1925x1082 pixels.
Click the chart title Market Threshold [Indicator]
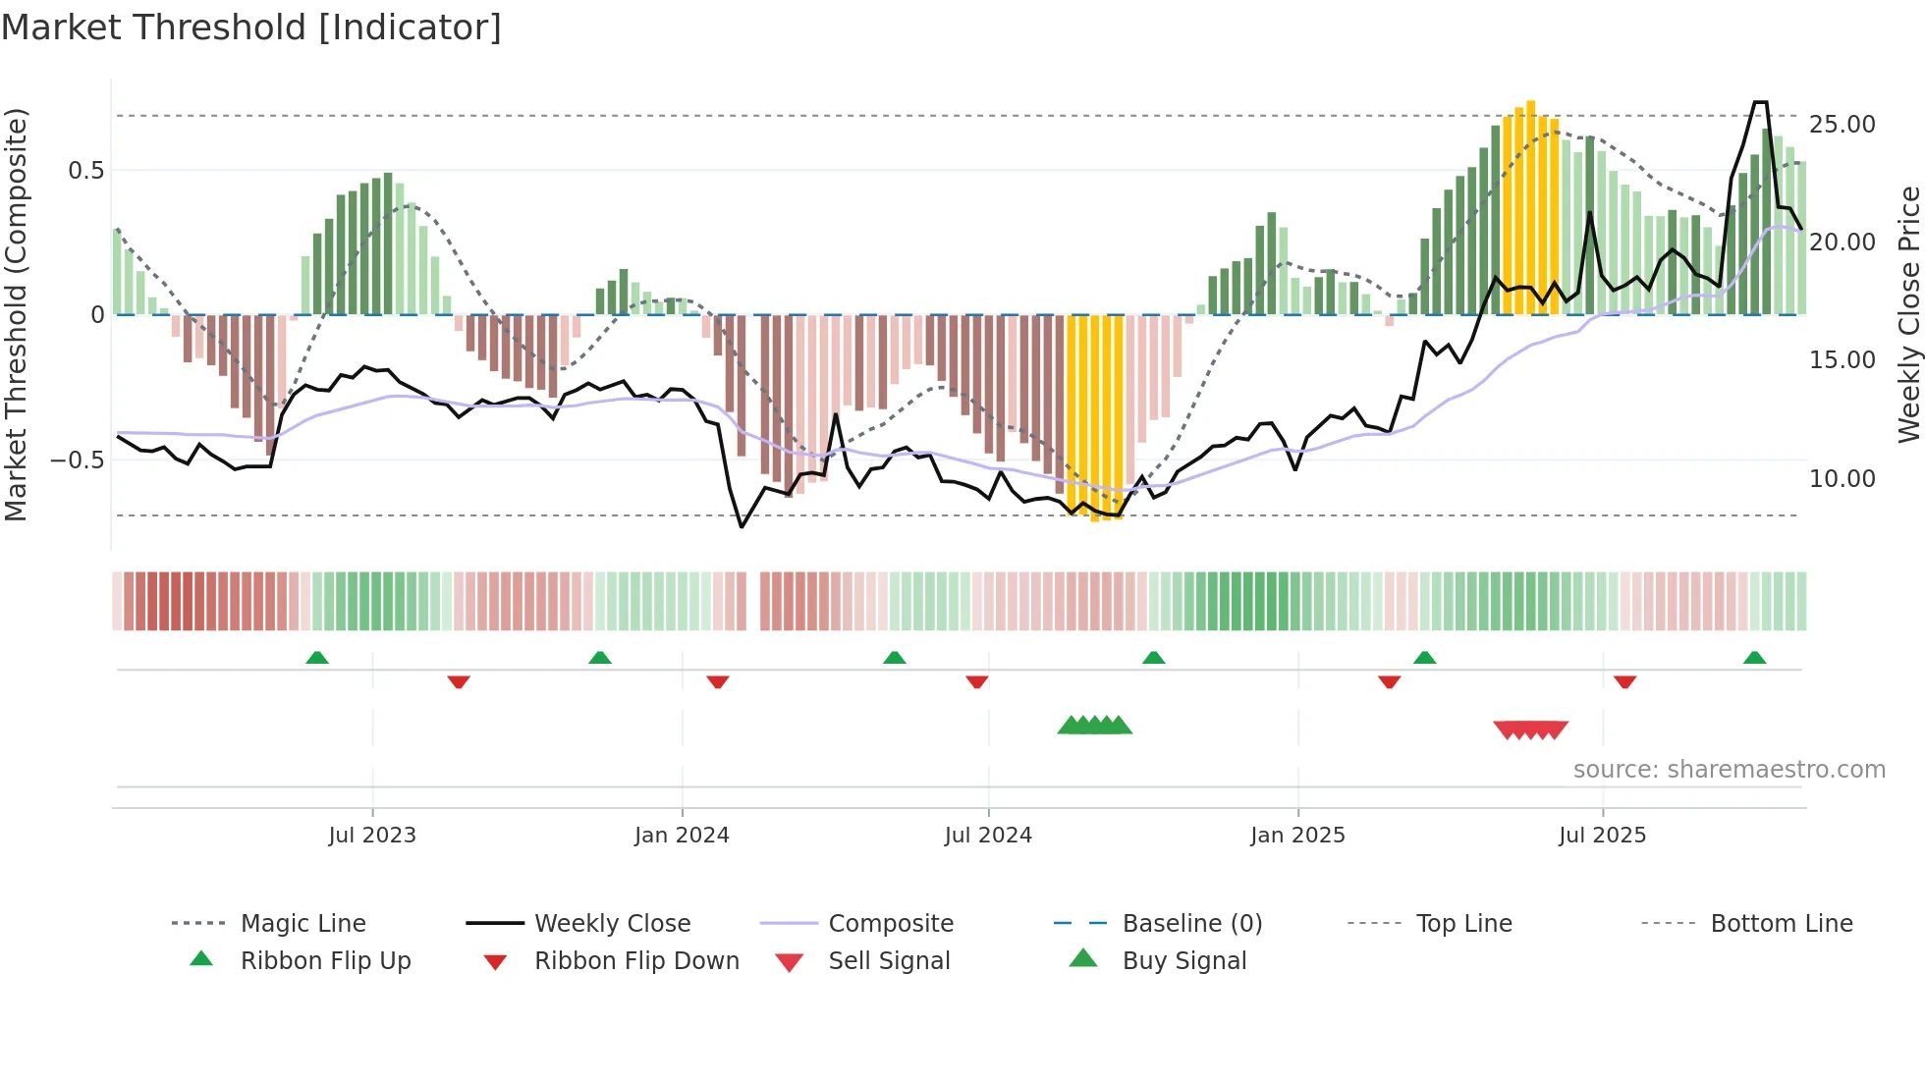pyautogui.click(x=251, y=27)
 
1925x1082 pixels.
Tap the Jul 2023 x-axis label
pyautogui.click(x=372, y=836)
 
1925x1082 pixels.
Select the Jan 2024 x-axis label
pyautogui.click(x=682, y=836)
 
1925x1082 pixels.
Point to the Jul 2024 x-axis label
pyautogui.click(x=988, y=836)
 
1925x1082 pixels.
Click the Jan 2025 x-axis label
pyautogui.click(x=1297, y=836)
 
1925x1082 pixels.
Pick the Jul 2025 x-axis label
pyautogui.click(x=1602, y=836)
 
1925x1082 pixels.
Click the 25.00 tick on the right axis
pyautogui.click(x=1842, y=125)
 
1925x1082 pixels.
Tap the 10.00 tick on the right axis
pyautogui.click(x=1842, y=479)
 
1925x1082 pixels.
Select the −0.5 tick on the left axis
pyautogui.click(x=77, y=460)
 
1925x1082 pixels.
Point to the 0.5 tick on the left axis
pyautogui.click(x=85, y=171)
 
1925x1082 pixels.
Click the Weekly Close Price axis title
pyautogui.click(x=1908, y=314)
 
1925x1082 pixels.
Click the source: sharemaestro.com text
pyautogui.click(x=1729, y=770)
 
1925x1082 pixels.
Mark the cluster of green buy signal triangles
pyautogui.click(x=1094, y=726)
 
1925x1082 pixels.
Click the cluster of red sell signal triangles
pyautogui.click(x=1530, y=730)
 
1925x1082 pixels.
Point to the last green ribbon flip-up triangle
pyautogui.click(x=1754, y=658)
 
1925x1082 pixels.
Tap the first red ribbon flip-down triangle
pyautogui.click(x=459, y=681)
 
